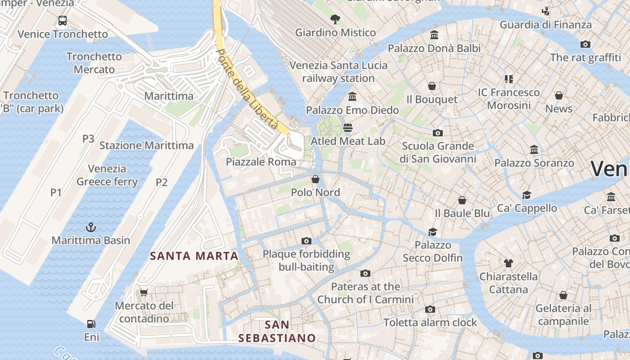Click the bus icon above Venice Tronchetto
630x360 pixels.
coord(63,21)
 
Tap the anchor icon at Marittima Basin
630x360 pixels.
coord(91,227)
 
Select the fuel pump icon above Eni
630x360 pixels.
coord(91,324)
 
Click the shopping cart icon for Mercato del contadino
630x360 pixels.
coord(144,293)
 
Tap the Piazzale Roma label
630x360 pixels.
coord(261,162)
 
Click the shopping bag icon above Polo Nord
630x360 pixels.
coord(315,180)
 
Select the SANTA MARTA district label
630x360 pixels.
coord(194,256)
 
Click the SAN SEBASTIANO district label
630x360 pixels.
coord(277,331)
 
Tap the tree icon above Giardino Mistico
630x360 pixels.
coord(335,19)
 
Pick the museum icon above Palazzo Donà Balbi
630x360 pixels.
coord(434,35)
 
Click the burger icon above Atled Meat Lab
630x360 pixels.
coord(348,128)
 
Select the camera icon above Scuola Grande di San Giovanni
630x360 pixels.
coord(437,133)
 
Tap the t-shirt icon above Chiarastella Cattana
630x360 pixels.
coord(508,263)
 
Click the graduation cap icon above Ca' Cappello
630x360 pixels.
coord(526,195)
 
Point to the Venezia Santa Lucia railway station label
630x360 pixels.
coord(338,72)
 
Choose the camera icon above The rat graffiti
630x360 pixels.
coord(585,44)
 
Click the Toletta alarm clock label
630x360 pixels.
coord(430,323)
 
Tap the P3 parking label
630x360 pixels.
coord(88,139)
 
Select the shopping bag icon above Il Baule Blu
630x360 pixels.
coord(462,200)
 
